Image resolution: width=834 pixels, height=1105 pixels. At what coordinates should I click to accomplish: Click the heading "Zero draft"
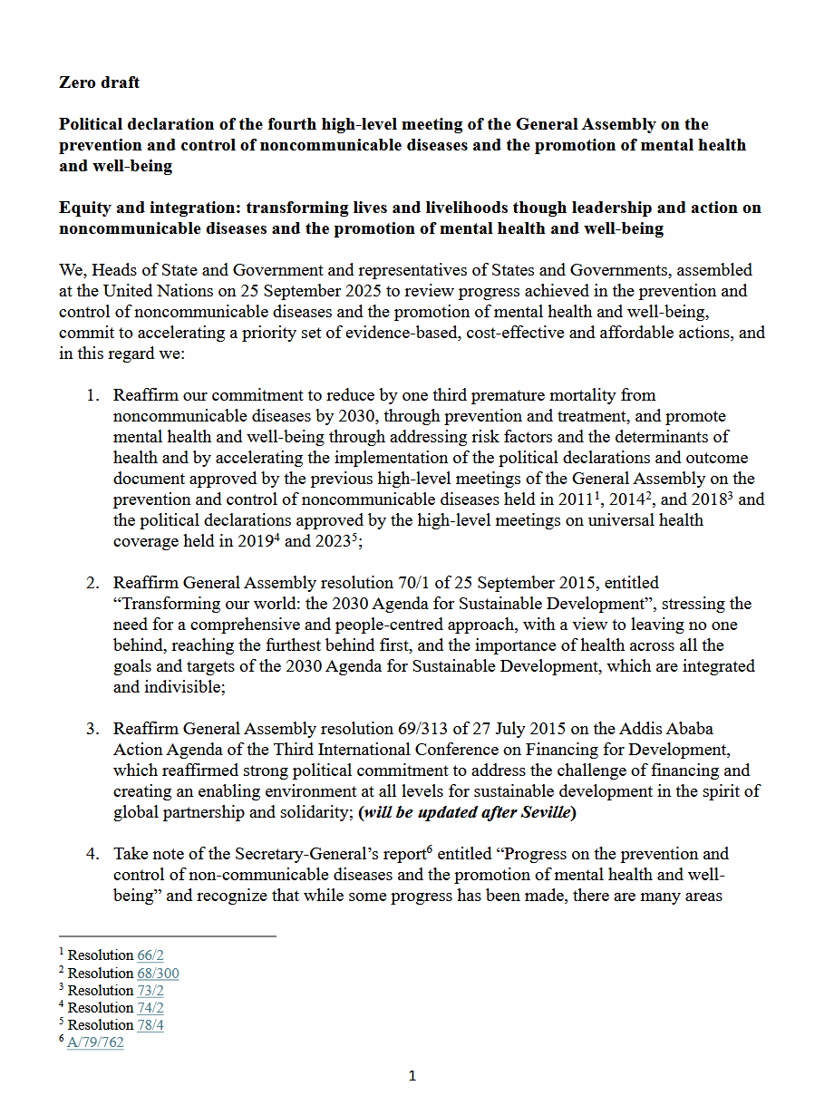coord(99,82)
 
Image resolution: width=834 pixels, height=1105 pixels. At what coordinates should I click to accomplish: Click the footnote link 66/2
coord(150,955)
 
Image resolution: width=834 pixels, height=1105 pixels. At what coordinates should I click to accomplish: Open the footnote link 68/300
coord(158,974)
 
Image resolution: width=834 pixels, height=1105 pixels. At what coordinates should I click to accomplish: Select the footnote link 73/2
coord(150,991)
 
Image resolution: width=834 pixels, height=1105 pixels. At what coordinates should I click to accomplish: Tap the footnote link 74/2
coord(150,1008)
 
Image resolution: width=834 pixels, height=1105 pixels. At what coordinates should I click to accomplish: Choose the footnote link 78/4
coord(150,1025)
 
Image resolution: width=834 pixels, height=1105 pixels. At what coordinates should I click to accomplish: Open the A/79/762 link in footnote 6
coord(95,1042)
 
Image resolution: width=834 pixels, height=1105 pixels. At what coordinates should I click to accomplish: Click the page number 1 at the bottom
coord(412,1077)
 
